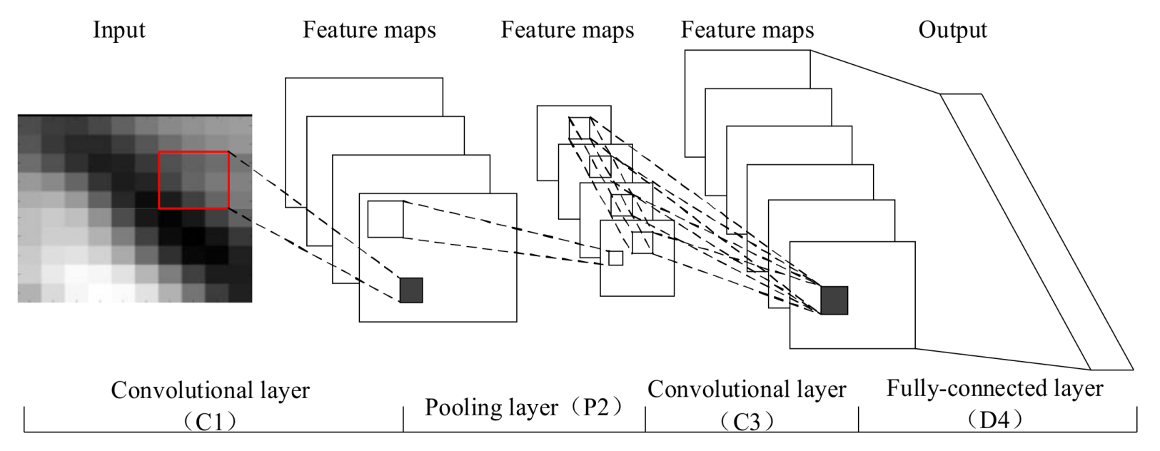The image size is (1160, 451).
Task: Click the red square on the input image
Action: click(193, 180)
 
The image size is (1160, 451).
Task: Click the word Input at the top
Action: click(118, 30)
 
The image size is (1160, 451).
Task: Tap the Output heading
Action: click(952, 30)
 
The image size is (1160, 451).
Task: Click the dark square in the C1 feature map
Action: click(411, 290)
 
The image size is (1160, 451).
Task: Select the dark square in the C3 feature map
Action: click(834, 300)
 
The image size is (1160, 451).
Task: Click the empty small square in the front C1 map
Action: click(385, 219)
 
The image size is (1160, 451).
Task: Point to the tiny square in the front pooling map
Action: click(615, 258)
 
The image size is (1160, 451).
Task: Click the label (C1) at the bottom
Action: click(210, 422)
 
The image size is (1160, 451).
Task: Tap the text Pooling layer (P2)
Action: click(524, 407)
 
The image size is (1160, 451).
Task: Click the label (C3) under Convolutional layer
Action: click(747, 421)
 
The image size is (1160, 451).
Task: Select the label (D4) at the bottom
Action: click(994, 419)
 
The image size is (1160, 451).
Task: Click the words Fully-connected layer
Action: click(994, 389)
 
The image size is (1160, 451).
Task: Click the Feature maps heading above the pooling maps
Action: click(568, 30)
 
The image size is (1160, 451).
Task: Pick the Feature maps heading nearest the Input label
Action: click(369, 30)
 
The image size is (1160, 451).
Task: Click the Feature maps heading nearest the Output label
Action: click(747, 30)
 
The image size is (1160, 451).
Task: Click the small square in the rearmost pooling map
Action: click(579, 128)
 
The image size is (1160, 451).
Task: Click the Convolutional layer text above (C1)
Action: click(210, 391)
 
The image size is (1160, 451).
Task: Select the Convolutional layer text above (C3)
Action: click(747, 390)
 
